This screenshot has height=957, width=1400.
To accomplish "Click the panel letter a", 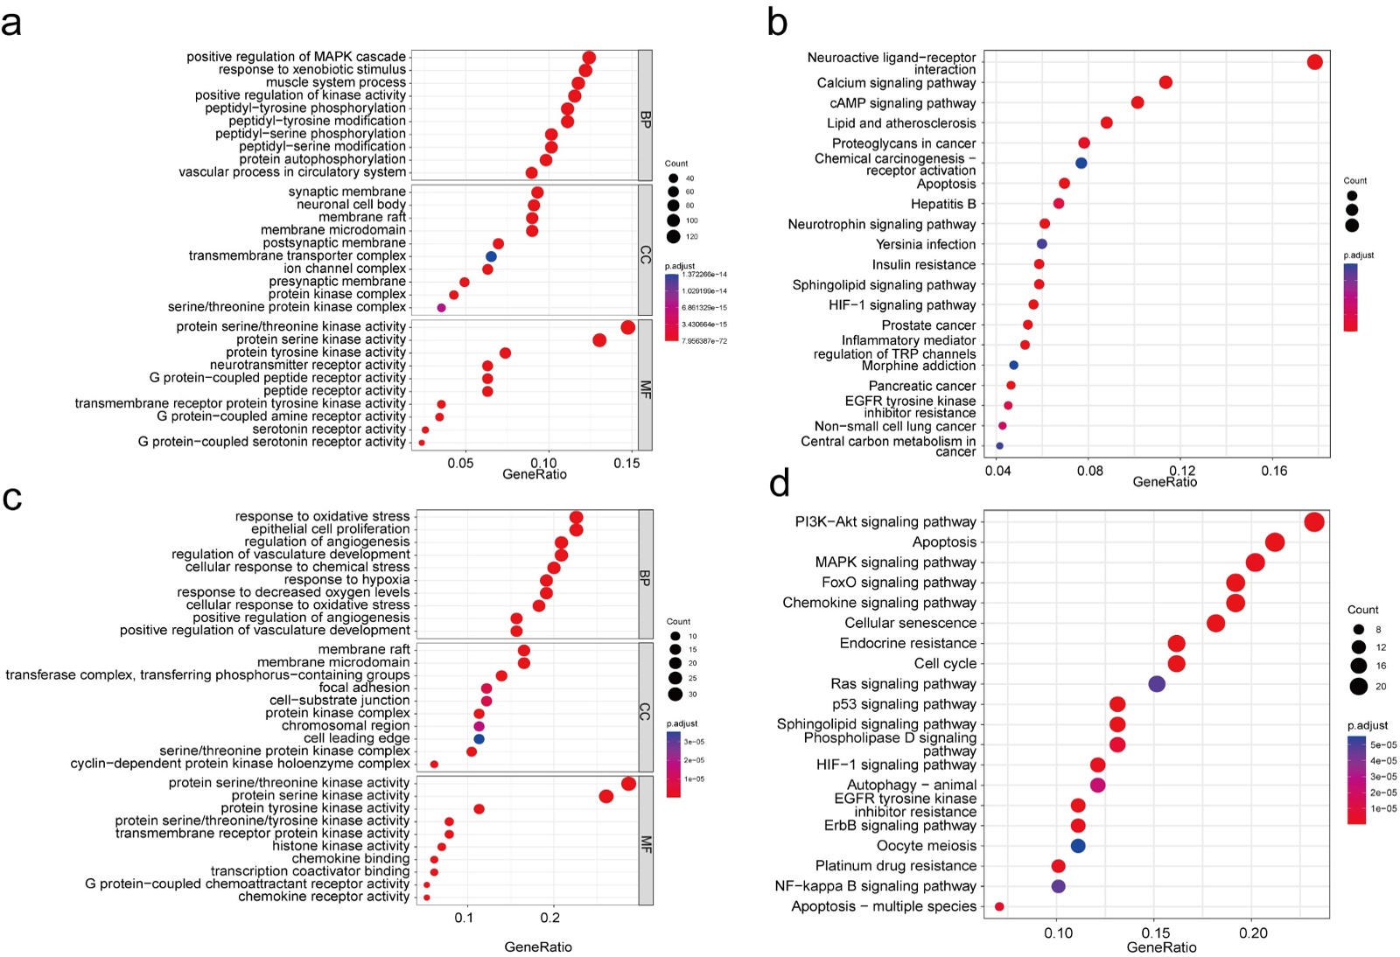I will [x=12, y=23].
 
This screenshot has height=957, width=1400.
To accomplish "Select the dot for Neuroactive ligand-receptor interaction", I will [x=1314, y=62].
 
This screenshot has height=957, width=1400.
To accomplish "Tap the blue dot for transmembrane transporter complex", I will [x=491, y=256].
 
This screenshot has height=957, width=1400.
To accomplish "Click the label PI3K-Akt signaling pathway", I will [x=885, y=522].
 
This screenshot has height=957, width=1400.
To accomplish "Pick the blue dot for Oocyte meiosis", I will [x=1078, y=846].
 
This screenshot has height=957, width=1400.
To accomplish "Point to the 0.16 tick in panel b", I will [x=1274, y=472].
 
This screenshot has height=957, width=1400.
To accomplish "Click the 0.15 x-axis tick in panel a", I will [x=626, y=464].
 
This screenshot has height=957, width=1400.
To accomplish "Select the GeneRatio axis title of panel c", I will [x=538, y=947].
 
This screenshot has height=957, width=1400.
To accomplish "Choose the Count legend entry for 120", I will [x=674, y=236].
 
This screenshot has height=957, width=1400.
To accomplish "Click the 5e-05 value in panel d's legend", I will [x=1383, y=745].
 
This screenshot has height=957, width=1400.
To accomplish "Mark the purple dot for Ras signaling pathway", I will [x=1157, y=684].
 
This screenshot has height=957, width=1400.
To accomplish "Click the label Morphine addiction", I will [x=918, y=366].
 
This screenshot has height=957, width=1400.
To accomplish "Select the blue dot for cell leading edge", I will [x=479, y=739].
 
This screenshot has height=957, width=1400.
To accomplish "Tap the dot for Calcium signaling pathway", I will [x=1165, y=82].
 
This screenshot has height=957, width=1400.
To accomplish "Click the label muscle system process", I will [x=336, y=82].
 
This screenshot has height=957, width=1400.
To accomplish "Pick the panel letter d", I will [x=780, y=483].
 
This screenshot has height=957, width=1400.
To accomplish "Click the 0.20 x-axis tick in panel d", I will [x=1253, y=933].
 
